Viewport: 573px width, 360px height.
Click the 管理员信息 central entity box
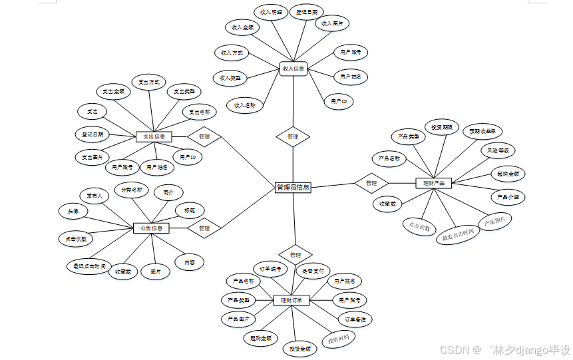(293, 188)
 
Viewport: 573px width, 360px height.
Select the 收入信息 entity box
(293, 69)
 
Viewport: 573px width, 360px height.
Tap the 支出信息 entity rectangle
(154, 136)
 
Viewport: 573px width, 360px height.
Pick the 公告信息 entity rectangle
(151, 228)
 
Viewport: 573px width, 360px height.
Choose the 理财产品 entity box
(433, 182)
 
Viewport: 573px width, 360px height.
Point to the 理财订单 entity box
(292, 300)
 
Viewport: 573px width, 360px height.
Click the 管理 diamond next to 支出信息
(204, 136)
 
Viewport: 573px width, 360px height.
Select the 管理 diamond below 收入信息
(293, 136)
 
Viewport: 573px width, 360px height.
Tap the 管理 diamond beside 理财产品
(371, 182)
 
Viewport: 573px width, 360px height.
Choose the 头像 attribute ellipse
(73, 211)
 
